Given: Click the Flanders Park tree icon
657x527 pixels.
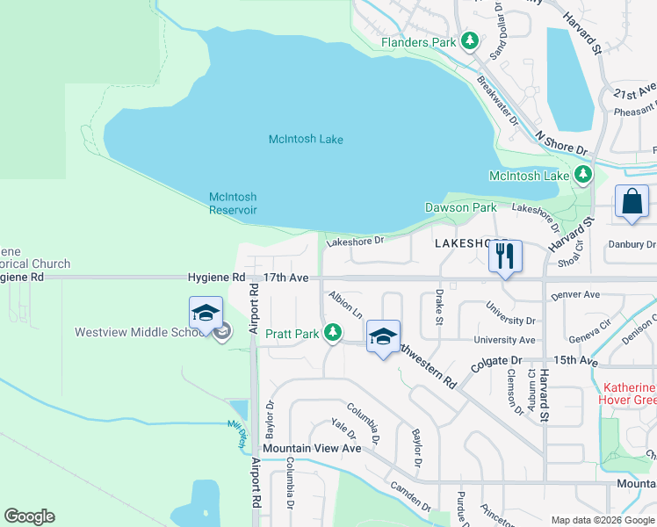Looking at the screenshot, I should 470,41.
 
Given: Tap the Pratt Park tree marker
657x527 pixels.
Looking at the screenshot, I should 332,332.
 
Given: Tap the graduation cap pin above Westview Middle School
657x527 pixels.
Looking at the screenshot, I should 205,313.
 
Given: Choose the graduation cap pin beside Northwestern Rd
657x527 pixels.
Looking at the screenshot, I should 383,337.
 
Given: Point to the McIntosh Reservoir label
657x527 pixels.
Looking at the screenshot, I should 233,203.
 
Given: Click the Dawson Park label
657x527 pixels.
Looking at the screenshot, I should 460,207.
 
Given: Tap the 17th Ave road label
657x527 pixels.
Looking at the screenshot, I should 285,277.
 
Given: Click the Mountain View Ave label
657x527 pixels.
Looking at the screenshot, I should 312,448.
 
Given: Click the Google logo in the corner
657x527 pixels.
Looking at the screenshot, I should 29,516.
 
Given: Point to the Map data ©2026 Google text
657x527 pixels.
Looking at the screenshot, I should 603,520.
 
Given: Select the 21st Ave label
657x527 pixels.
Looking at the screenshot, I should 635,92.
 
